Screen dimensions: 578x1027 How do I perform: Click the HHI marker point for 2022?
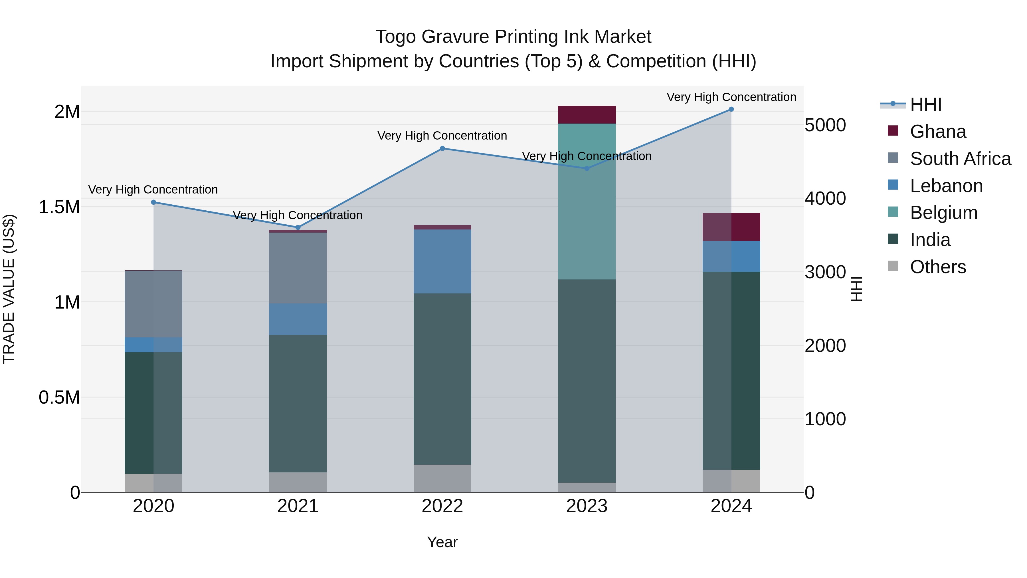click(x=442, y=148)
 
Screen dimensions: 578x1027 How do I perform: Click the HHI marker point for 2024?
click(x=731, y=109)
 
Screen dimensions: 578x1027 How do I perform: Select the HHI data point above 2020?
click(x=153, y=202)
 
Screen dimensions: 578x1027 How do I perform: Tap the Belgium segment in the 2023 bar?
click(x=587, y=202)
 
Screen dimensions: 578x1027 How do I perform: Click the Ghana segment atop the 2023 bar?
click(x=587, y=115)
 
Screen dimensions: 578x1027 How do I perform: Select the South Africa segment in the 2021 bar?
click(x=298, y=268)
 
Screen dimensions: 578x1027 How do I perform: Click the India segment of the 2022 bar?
click(x=442, y=379)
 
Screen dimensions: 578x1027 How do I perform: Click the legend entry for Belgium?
click(x=943, y=213)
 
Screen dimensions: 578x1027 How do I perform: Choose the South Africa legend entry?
click(x=960, y=158)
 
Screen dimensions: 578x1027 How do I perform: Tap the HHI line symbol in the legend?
click(x=893, y=104)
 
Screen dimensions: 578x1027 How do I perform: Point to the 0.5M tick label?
click(x=59, y=397)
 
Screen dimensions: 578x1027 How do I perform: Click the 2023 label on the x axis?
click(x=587, y=506)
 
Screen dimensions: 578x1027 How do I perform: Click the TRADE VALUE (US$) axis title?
click(x=9, y=289)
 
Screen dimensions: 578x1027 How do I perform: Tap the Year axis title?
click(x=442, y=542)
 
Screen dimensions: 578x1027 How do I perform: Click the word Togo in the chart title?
click(x=395, y=37)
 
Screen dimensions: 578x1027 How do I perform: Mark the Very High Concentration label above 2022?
click(x=442, y=136)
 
